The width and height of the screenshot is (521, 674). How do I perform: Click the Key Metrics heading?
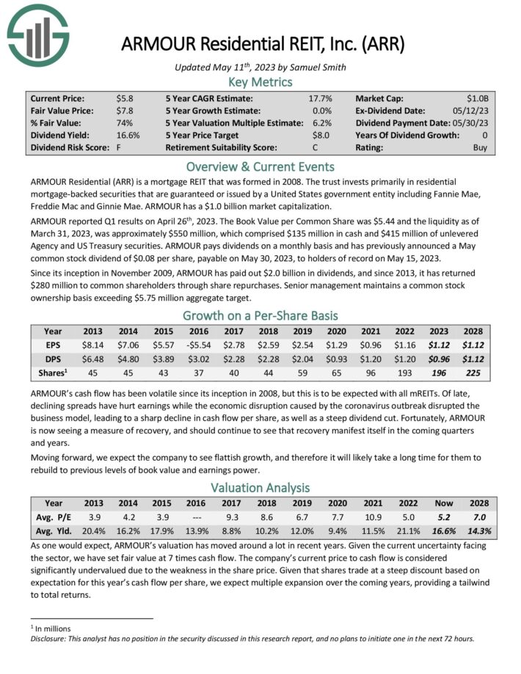click(x=260, y=81)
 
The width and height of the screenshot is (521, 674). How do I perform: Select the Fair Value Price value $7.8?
click(x=125, y=110)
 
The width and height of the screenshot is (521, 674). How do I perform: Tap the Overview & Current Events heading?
click(x=260, y=166)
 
